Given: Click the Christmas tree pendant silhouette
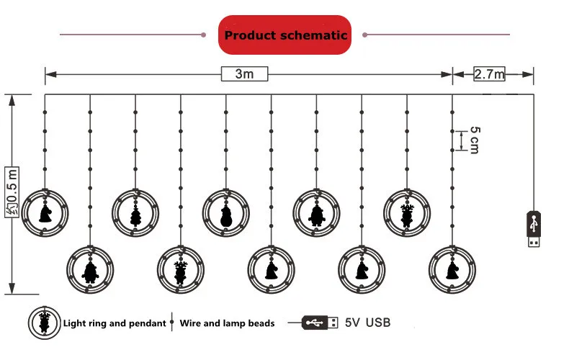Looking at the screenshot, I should click(135, 213).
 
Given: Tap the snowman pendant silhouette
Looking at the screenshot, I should click(226, 213).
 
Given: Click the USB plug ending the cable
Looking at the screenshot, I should click(533, 229).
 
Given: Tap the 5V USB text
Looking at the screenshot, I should click(368, 323).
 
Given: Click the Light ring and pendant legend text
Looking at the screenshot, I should click(115, 323).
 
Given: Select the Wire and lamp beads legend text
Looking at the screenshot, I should click(227, 323).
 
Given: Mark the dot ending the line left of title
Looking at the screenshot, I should click(204, 34).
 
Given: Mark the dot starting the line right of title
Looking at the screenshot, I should click(366, 34).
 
